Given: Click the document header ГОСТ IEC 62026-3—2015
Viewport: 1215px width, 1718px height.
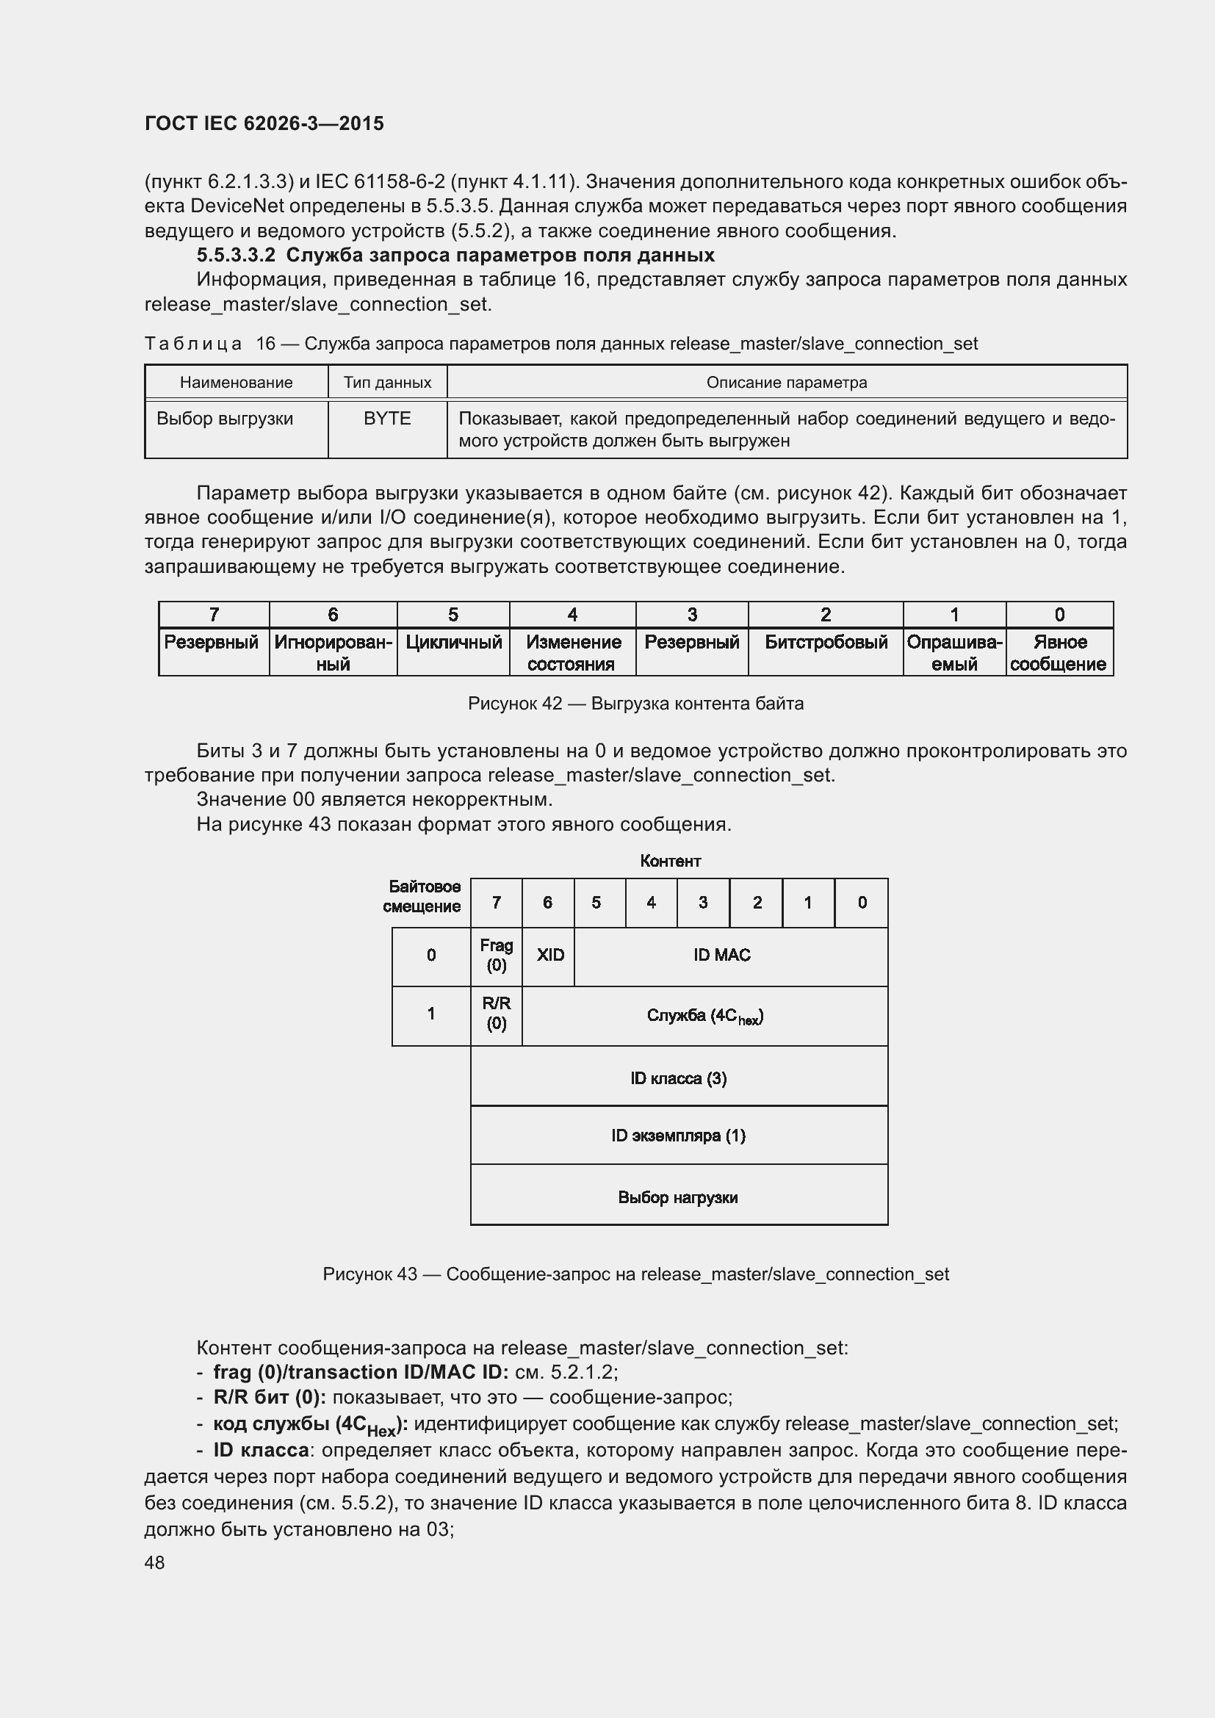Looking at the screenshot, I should click(x=264, y=123).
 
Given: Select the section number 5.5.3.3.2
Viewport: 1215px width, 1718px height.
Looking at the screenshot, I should click(x=236, y=255).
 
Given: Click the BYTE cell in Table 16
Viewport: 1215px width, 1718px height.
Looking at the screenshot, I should click(x=387, y=418).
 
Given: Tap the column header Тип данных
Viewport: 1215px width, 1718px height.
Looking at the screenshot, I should click(x=387, y=383).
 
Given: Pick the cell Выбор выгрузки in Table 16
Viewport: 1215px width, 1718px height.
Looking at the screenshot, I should click(x=225, y=418).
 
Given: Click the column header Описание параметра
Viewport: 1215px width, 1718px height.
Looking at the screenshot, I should click(x=786, y=383).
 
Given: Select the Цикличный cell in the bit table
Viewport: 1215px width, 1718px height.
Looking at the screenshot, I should click(x=453, y=643).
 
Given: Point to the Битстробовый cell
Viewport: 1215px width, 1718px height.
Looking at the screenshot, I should click(x=825, y=643).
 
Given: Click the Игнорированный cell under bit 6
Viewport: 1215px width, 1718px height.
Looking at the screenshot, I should click(x=333, y=652).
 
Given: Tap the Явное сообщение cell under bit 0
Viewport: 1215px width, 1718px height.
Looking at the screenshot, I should click(x=1059, y=652).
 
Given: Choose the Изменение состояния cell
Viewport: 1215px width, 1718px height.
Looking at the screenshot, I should click(x=572, y=652).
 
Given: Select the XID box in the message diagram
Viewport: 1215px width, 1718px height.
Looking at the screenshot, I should click(x=550, y=956).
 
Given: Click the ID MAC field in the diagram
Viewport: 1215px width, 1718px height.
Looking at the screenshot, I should click(x=721, y=956).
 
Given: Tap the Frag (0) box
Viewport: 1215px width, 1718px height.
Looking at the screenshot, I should click(x=496, y=956).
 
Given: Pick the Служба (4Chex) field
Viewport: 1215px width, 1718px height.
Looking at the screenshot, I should click(x=704, y=1016).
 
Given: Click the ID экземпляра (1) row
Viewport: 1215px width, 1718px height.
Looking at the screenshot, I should click(x=678, y=1136).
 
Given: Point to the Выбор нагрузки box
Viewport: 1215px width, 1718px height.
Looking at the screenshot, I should click(x=678, y=1197).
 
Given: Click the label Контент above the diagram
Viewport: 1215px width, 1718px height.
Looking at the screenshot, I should click(x=671, y=862).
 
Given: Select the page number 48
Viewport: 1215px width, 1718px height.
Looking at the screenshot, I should click(x=155, y=1563).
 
